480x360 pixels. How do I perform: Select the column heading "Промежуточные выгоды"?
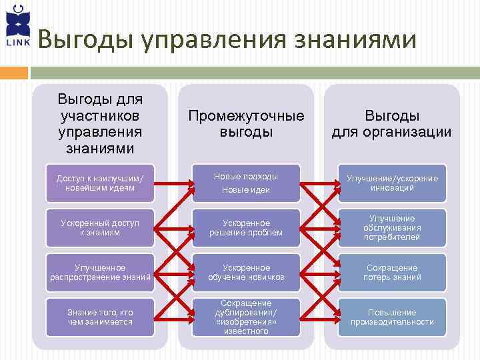pos(246,123)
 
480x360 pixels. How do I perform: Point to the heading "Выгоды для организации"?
pos(391,123)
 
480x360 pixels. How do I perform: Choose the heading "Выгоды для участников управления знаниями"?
pos(100,123)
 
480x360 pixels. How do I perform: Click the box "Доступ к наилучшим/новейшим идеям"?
pos(100,183)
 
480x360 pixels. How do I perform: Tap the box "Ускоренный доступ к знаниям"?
pos(100,227)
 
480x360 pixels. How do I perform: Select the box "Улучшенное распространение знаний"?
pos(100,272)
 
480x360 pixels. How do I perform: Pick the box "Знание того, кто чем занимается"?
pos(100,317)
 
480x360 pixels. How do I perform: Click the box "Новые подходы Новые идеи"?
pos(246,183)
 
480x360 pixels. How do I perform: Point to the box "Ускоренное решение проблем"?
pos(246,227)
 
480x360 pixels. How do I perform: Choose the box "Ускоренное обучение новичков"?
pos(246,272)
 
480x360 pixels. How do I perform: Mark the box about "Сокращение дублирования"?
pos(246,317)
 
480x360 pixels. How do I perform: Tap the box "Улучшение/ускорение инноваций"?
pos(391,183)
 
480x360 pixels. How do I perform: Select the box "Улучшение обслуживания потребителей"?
pos(391,227)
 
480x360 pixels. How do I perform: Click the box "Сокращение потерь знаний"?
pos(391,272)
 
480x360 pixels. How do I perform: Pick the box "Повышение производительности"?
pos(391,317)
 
